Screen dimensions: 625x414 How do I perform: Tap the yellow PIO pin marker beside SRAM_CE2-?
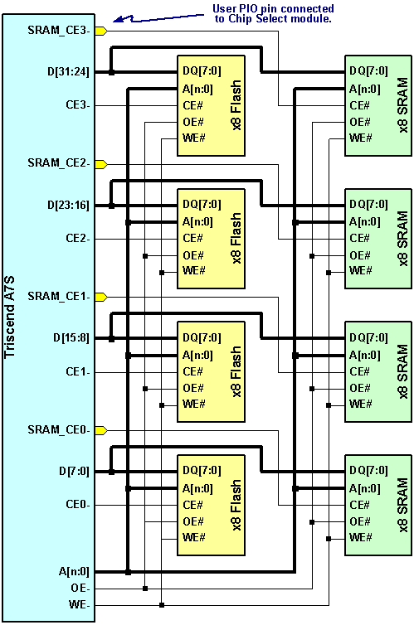click(x=101, y=164)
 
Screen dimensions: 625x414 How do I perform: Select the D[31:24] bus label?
click(x=71, y=72)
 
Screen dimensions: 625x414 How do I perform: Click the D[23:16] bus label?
click(x=71, y=206)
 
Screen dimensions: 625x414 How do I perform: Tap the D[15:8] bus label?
click(x=73, y=338)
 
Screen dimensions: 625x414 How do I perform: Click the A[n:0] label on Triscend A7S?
click(x=75, y=571)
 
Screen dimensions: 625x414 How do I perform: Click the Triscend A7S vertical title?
click(x=12, y=315)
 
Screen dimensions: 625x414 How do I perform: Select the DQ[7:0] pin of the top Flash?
click(x=200, y=71)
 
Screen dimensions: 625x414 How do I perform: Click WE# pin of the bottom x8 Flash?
click(x=195, y=538)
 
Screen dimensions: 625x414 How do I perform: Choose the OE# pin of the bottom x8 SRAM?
click(x=360, y=521)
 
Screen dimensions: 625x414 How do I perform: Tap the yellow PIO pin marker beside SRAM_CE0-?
click(x=101, y=430)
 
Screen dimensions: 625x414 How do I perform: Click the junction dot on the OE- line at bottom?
click(x=145, y=588)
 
